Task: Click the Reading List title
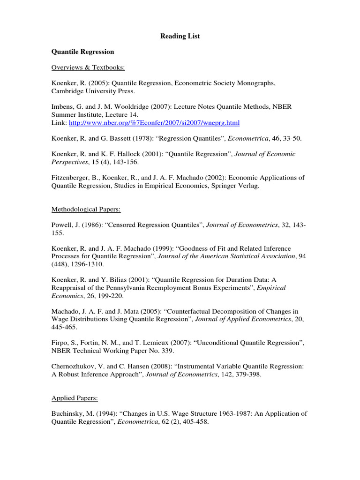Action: pos(180,36)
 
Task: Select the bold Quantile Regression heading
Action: pos(82,52)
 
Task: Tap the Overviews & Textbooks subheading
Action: pos(88,67)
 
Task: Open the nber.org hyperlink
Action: pos(154,123)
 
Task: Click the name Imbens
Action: pos(63,107)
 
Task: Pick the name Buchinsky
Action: pos(67,413)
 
